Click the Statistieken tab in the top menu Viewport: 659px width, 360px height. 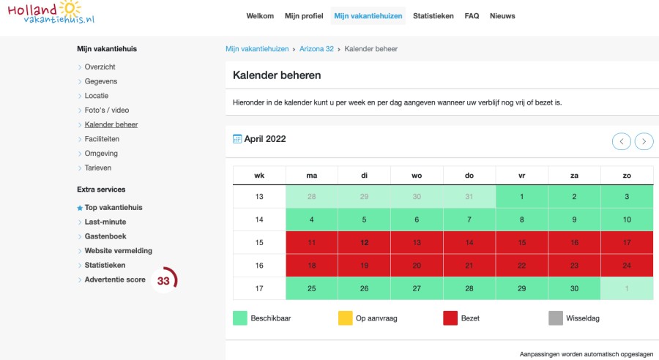[x=433, y=16]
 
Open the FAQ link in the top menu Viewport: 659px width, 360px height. [x=472, y=16]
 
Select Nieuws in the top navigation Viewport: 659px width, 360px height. [x=502, y=16]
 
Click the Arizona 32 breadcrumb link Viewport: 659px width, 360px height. [x=316, y=49]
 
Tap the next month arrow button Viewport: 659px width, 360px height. [x=644, y=141]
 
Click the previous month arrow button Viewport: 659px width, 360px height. [x=622, y=141]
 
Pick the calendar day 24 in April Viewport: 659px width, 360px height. [x=627, y=265]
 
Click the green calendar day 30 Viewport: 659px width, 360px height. [x=574, y=288]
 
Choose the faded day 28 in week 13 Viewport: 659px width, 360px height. [x=312, y=197]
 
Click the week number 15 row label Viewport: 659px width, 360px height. [x=259, y=242]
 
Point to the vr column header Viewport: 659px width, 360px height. [x=521, y=175]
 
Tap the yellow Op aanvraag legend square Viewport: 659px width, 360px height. [x=346, y=318]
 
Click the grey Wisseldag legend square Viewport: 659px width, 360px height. [x=556, y=318]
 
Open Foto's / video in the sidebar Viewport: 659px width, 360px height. [x=106, y=110]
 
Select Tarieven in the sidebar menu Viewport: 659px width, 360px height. [x=98, y=168]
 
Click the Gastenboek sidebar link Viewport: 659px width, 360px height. [x=105, y=236]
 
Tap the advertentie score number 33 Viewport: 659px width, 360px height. [x=163, y=281]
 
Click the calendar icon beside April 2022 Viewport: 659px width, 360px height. [x=237, y=139]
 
